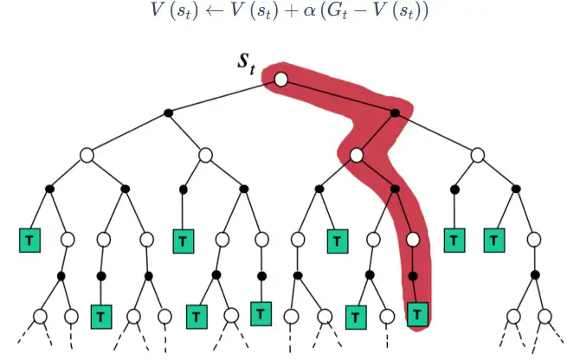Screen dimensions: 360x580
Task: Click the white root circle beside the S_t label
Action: tap(280, 80)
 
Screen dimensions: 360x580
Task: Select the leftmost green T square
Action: tap(29, 238)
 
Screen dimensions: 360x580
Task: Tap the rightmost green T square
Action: tap(494, 238)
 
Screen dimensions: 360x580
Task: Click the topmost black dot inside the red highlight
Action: tap(395, 113)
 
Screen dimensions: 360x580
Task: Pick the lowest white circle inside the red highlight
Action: tap(413, 238)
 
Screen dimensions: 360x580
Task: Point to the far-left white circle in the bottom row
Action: tap(39, 315)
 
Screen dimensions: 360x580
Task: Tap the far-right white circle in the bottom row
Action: tap(545, 315)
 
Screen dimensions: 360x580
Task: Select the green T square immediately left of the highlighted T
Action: tap(354, 317)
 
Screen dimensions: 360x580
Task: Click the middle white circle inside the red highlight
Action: tap(356, 156)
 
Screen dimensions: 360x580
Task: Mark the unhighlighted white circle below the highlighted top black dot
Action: tap(478, 156)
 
